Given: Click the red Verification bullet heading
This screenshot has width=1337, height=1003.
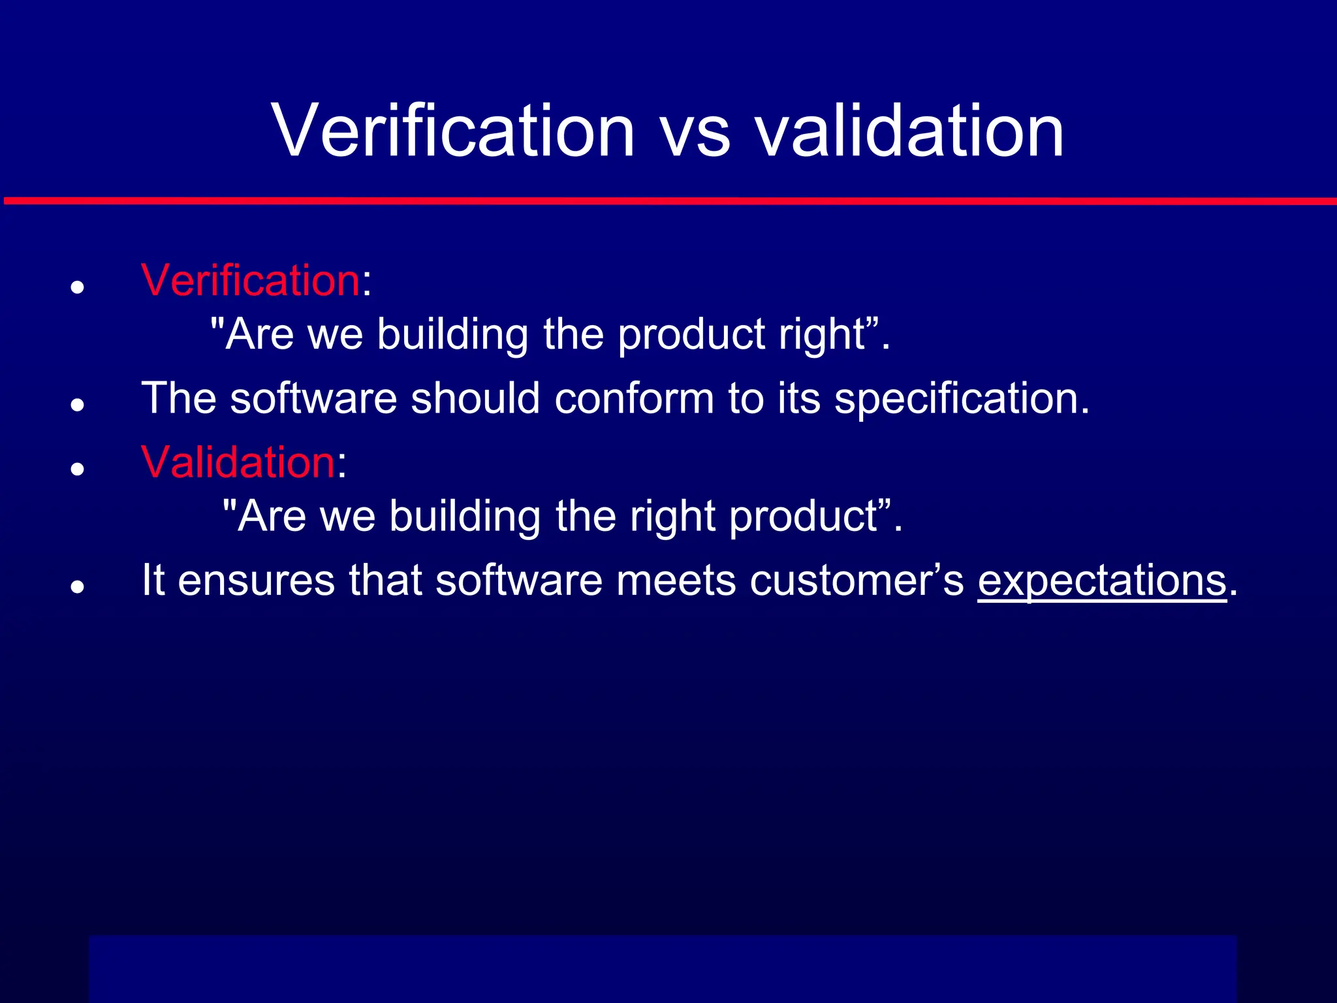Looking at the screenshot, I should click(x=250, y=281).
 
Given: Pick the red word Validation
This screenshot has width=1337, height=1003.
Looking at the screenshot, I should click(x=238, y=462).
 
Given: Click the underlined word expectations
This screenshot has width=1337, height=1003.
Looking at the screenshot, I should click(x=1102, y=581).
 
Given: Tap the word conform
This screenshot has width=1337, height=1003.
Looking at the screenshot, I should click(x=634, y=399).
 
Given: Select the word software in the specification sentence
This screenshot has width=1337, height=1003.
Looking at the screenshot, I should click(x=313, y=399).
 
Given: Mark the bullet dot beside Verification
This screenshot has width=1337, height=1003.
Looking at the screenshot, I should click(x=78, y=287).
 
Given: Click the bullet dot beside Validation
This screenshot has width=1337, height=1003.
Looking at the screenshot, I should click(x=78, y=469).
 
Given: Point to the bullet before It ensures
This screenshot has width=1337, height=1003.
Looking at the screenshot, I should click(x=78, y=586).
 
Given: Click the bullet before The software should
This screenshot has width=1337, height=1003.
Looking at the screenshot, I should click(x=78, y=405).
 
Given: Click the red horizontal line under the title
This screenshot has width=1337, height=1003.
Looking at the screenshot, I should click(x=668, y=201).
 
